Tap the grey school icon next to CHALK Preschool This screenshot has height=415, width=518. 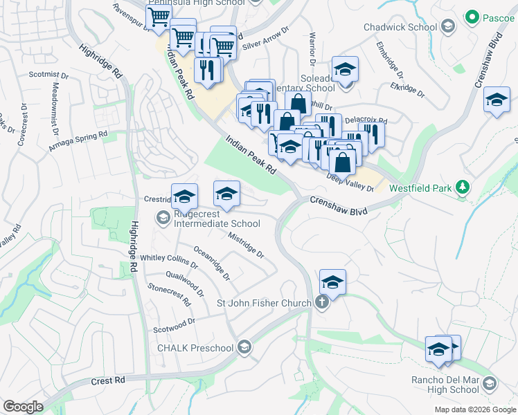coord(243,347)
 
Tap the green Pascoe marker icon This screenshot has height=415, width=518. coord(472,15)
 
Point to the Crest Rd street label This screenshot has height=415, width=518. coord(108,380)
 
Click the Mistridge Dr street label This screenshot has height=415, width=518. coord(246,243)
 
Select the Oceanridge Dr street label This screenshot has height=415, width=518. coord(212,263)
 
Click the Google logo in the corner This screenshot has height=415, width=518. coord(23,407)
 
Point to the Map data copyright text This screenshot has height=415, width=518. coord(474,409)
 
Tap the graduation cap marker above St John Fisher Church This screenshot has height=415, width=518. coord(332,282)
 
